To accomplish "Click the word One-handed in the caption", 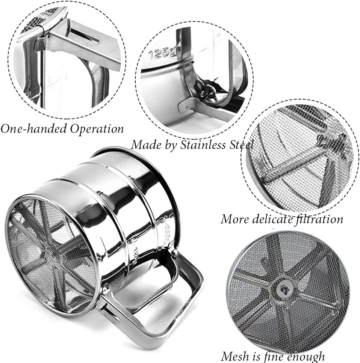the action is tap(33, 129).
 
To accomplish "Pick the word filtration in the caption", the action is tap(319, 219).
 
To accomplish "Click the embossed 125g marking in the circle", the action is tap(162, 53).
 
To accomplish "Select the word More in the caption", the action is tap(235, 219).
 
